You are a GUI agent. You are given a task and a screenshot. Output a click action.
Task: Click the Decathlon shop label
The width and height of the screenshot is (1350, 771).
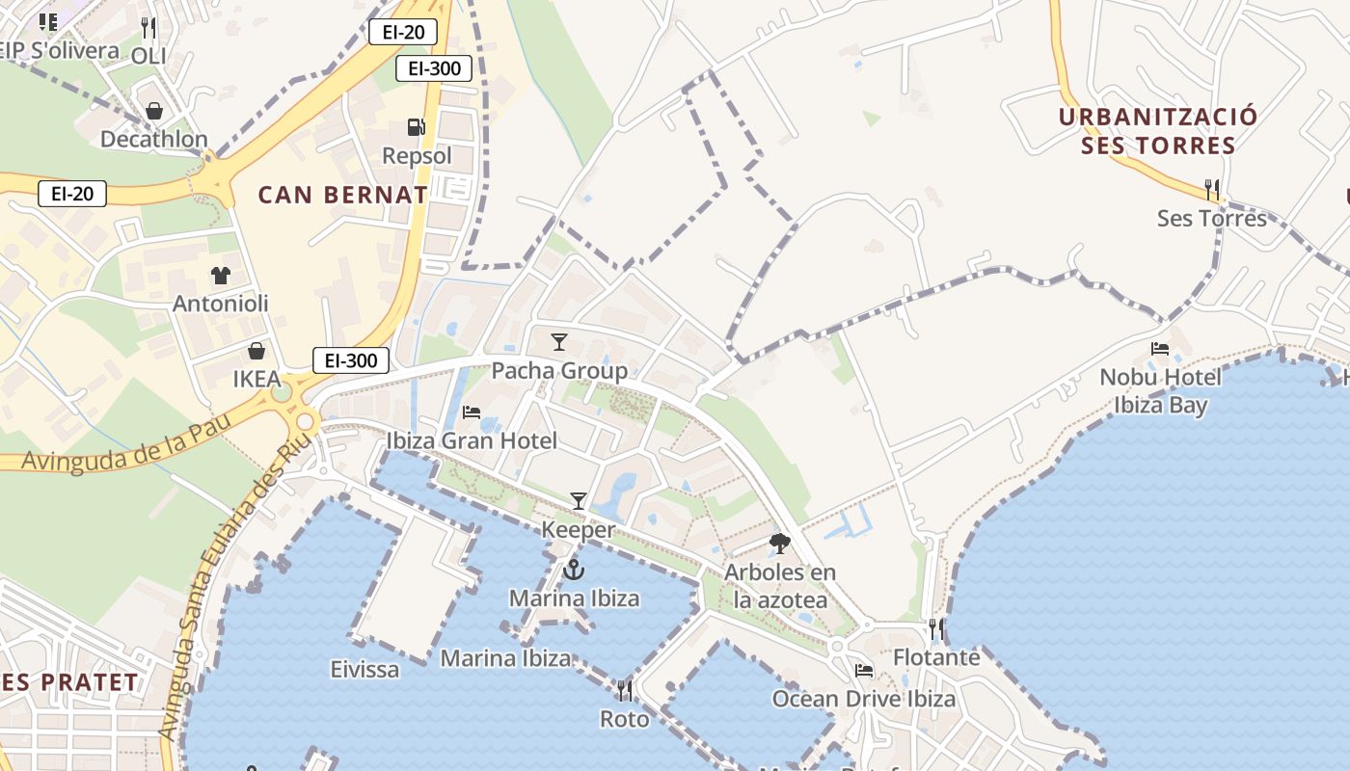pyautogui.click(x=154, y=140)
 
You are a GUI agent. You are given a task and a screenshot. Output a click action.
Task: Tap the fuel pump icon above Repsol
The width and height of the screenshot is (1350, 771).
pyautogui.click(x=416, y=127)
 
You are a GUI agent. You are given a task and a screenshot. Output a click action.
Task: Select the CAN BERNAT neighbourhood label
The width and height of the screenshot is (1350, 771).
pyautogui.click(x=342, y=195)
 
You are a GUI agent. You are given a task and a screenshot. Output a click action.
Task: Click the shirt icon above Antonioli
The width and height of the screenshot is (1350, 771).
pyautogui.click(x=221, y=276)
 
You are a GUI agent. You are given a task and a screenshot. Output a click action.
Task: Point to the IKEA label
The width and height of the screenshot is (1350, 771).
pyautogui.click(x=256, y=380)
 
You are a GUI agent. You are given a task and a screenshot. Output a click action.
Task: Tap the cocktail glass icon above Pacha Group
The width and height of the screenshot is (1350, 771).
pyautogui.click(x=559, y=342)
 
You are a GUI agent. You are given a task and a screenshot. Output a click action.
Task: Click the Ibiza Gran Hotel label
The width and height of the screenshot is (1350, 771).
pyautogui.click(x=472, y=441)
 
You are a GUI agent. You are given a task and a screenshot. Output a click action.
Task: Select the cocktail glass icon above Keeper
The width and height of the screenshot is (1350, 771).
pyautogui.click(x=579, y=501)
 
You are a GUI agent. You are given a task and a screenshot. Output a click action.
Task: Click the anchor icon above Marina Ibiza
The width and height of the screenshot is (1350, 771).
pyautogui.click(x=574, y=570)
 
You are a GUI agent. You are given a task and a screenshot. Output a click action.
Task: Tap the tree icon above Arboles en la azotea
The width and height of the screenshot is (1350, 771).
pyautogui.click(x=780, y=545)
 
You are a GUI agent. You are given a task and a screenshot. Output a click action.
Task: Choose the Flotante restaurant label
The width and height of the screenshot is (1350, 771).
pyautogui.click(x=936, y=658)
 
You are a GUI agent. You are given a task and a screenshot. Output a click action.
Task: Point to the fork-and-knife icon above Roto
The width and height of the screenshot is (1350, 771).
pyautogui.click(x=625, y=691)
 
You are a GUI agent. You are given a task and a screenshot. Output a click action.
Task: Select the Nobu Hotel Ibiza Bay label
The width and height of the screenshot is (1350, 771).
pyautogui.click(x=1160, y=390)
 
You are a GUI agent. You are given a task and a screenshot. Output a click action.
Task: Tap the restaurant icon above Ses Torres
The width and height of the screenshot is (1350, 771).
pyautogui.click(x=1212, y=190)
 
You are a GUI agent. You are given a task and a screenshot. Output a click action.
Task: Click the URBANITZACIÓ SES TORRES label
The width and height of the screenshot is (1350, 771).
pyautogui.click(x=1157, y=131)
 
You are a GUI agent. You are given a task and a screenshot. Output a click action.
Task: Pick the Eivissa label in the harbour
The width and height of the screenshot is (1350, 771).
pyautogui.click(x=364, y=669)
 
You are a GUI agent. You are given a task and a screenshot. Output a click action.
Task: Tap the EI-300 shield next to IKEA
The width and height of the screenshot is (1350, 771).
pyautogui.click(x=351, y=361)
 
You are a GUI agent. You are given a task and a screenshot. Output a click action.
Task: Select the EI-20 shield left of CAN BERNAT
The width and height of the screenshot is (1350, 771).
pyautogui.click(x=72, y=194)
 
